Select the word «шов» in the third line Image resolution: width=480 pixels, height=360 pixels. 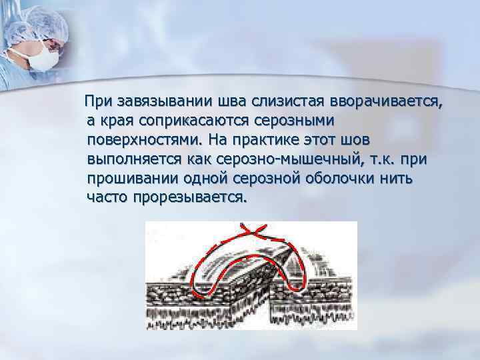click(353, 141)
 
